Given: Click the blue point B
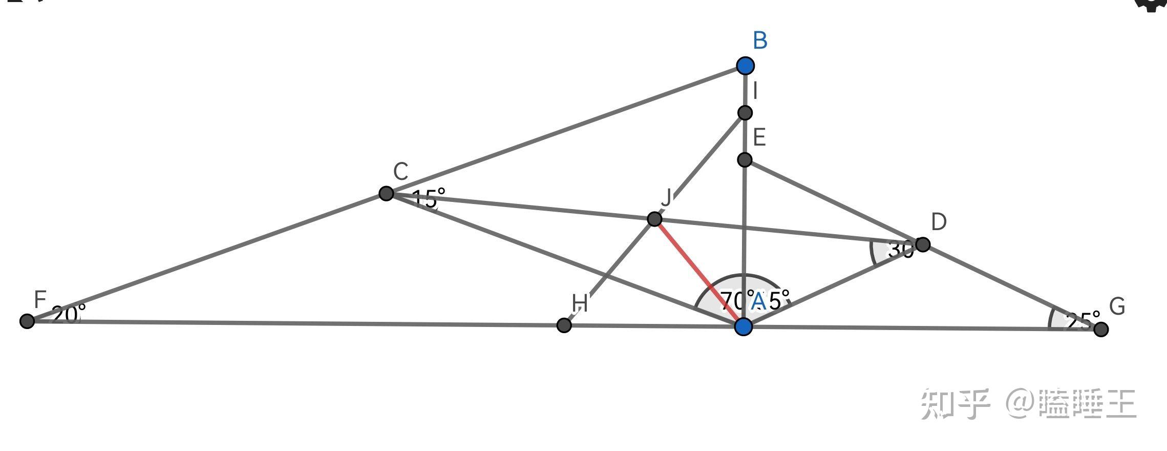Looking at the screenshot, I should [x=746, y=66].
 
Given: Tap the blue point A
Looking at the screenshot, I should [x=744, y=326].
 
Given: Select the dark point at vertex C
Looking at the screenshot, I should [x=386, y=193].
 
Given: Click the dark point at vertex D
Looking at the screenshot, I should [x=922, y=244].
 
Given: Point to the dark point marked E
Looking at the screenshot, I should [x=745, y=160].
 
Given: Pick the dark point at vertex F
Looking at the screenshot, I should [x=27, y=321].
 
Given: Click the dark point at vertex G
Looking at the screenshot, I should [x=1101, y=329].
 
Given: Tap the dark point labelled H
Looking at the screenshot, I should [x=564, y=325].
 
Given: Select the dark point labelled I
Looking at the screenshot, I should [x=745, y=113].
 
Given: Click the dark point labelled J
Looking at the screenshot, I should [x=654, y=219].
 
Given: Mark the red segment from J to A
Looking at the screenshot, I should [x=699, y=273].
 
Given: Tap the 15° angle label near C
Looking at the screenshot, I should [x=428, y=198].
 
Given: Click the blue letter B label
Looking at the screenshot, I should [x=760, y=40].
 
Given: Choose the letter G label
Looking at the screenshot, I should [x=1117, y=306].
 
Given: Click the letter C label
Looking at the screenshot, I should [x=400, y=172].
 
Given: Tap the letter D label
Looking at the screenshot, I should [x=939, y=222].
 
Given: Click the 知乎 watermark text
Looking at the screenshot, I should [x=956, y=404].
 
